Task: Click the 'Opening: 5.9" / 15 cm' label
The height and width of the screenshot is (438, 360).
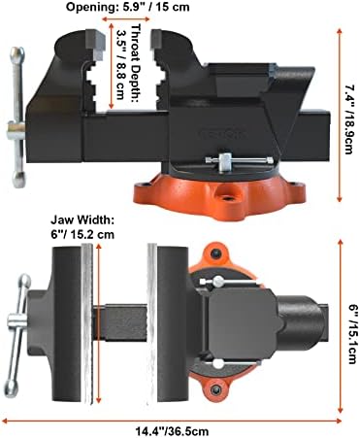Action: (128, 7)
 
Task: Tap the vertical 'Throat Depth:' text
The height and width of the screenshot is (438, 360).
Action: (137, 63)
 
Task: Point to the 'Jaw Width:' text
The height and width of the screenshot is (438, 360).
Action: (82, 220)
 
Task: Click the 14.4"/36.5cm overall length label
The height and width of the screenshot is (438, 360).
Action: (172, 431)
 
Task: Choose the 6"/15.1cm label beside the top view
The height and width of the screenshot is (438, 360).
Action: (351, 333)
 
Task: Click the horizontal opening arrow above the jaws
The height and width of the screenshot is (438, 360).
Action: (126, 18)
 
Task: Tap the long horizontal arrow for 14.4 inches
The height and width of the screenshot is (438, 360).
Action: (172, 421)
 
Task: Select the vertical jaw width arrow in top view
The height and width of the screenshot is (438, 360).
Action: (99, 323)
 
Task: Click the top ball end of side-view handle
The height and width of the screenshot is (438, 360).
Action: (17, 54)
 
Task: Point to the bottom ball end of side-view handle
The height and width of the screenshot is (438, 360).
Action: (18, 179)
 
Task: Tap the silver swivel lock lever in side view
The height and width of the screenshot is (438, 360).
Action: (240, 159)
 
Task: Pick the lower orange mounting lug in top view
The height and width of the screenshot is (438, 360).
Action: (215, 390)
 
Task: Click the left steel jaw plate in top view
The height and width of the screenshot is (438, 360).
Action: (86, 324)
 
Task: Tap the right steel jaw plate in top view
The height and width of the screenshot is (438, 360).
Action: (152, 323)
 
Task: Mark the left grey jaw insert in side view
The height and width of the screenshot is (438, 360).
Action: (96, 44)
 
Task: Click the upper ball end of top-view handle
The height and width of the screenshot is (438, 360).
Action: (25, 281)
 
